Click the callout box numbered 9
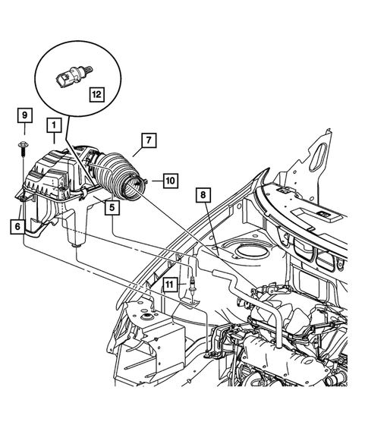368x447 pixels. point(25,115)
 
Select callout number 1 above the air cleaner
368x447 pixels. point(54,124)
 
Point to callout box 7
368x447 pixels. point(148,140)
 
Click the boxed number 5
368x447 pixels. point(112,205)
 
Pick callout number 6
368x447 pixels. point(16,225)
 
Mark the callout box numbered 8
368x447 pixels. point(203,194)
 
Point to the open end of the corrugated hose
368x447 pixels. point(137,187)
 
